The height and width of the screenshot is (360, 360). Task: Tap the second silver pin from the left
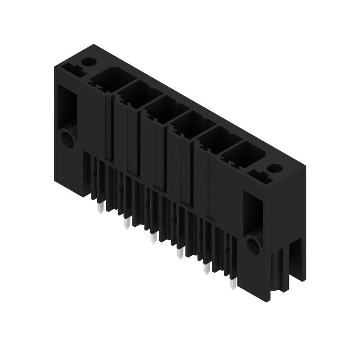point(127,222)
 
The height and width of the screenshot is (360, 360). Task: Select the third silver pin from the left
point(153,238)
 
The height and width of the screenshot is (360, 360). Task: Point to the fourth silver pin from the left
point(180,253)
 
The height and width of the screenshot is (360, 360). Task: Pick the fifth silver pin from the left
point(207,268)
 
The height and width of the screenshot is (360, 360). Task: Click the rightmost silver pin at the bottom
point(233,283)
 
